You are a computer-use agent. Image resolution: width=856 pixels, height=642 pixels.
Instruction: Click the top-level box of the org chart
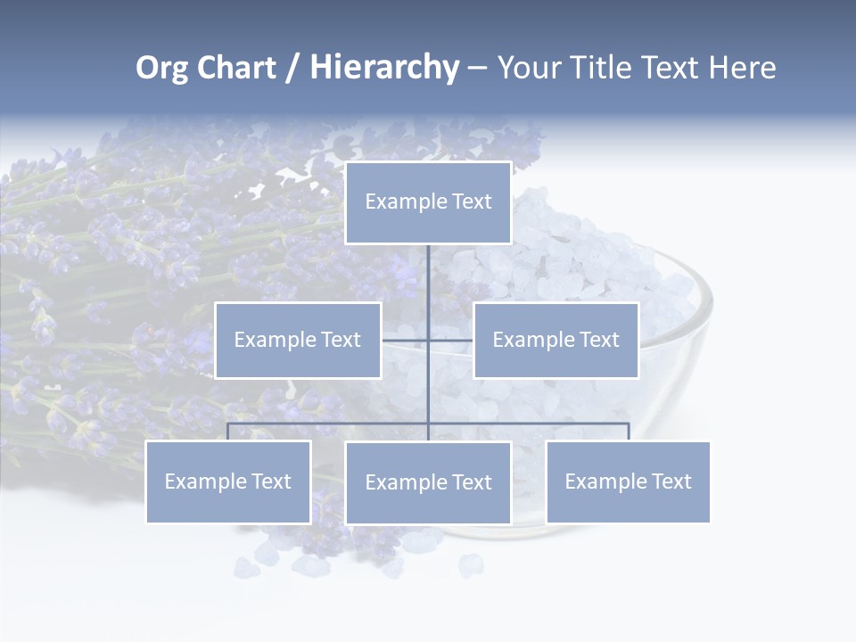[x=428, y=202]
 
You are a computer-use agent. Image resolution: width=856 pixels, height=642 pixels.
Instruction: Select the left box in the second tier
[x=298, y=340]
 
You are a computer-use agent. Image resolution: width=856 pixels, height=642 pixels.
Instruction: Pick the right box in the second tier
[x=556, y=340]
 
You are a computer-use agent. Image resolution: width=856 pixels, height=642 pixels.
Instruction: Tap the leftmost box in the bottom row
[x=228, y=481]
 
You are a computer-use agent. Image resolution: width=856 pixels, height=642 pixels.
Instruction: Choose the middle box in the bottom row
[x=428, y=482]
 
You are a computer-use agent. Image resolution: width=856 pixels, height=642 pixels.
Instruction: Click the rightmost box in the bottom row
[x=628, y=481]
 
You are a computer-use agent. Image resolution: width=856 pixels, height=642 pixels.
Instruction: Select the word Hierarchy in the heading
[x=384, y=68]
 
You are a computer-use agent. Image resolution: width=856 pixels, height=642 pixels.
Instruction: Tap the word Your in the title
[x=529, y=68]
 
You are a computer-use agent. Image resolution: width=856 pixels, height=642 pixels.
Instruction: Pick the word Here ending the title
[x=742, y=68]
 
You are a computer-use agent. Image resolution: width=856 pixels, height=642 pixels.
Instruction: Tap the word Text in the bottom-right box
[x=671, y=481]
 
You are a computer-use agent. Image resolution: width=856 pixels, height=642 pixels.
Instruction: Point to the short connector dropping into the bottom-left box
[x=228, y=432]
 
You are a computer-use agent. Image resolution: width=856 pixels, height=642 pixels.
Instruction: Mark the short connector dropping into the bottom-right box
[x=628, y=432]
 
